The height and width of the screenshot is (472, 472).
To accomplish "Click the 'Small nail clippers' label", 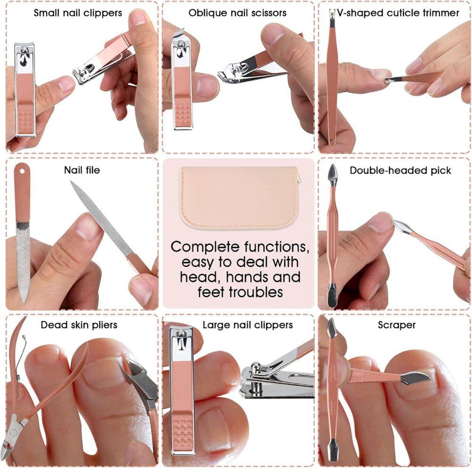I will click(77, 13).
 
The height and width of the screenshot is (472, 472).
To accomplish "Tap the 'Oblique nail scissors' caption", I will click(237, 13).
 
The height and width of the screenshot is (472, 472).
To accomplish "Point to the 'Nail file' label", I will click(82, 169).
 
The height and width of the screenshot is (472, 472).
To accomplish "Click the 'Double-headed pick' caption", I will click(400, 170).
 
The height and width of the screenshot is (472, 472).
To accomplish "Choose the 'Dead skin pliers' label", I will click(79, 325).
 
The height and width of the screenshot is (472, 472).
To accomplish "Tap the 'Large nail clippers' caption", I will click(247, 325).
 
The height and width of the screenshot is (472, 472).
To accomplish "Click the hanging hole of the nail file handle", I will click(22, 169).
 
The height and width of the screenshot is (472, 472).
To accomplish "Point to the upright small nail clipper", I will click(25, 90).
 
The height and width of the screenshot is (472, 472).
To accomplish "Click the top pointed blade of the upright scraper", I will click(331, 326).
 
